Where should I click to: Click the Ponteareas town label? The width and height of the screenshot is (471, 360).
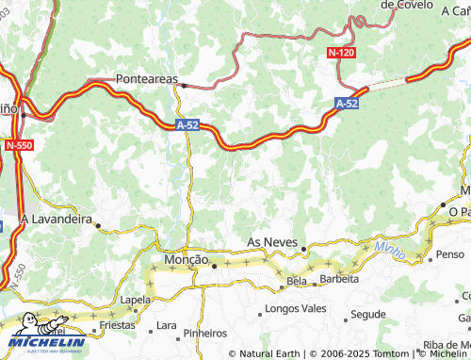[146, 80]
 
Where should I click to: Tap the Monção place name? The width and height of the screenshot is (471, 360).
[186, 259]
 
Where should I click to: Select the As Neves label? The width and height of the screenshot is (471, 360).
[272, 242]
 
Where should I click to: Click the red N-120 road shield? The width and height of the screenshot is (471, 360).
[342, 53]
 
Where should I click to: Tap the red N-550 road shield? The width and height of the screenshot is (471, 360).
[17, 146]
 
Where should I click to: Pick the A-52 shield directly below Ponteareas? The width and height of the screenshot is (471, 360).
[187, 123]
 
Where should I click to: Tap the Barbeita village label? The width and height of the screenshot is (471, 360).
[339, 279]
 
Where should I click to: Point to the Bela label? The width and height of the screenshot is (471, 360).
[298, 281]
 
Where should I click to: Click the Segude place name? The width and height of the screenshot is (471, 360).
[367, 313]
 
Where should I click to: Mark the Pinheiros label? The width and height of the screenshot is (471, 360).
[205, 333]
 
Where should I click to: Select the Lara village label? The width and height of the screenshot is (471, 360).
[166, 325]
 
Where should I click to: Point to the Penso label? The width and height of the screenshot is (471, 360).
[450, 254]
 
